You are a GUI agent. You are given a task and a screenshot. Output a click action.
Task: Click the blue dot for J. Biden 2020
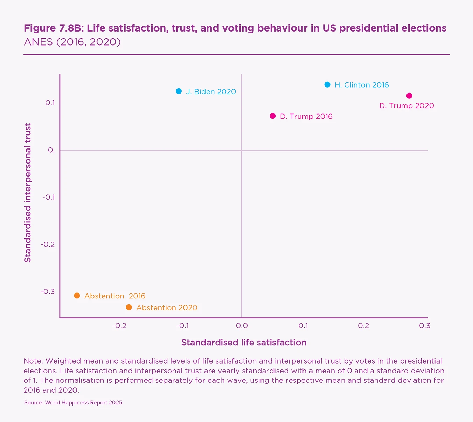tap(179, 91)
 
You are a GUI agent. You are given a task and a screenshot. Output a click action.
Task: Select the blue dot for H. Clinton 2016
tap(327, 84)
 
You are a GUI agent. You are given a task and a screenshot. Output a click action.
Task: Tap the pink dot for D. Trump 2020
tap(409, 96)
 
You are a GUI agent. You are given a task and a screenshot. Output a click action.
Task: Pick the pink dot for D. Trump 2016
tap(273, 116)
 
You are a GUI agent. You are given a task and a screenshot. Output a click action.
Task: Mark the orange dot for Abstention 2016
tap(77, 296)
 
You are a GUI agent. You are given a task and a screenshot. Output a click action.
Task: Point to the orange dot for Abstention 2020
tap(129, 307)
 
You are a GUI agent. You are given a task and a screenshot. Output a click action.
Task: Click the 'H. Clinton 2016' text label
tap(362, 85)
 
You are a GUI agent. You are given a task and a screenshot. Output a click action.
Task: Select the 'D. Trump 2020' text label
tap(406, 106)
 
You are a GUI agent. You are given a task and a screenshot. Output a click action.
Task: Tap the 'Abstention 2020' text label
tap(167, 307)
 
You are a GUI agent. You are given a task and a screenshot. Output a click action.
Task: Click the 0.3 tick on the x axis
tap(424, 326)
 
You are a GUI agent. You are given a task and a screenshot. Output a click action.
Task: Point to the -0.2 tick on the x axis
tap(119, 326)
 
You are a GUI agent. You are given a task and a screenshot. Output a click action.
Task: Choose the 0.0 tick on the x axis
tap(242, 326)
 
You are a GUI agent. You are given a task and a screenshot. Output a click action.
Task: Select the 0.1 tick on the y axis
tap(50, 103)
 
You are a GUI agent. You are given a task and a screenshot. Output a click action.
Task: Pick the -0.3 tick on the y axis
tap(48, 292)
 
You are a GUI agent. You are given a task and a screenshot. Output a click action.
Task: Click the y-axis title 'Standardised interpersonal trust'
tap(28, 193)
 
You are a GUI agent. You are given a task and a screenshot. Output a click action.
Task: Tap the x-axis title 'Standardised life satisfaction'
tap(244, 343)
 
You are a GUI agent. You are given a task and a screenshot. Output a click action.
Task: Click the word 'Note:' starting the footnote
tap(33, 361)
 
